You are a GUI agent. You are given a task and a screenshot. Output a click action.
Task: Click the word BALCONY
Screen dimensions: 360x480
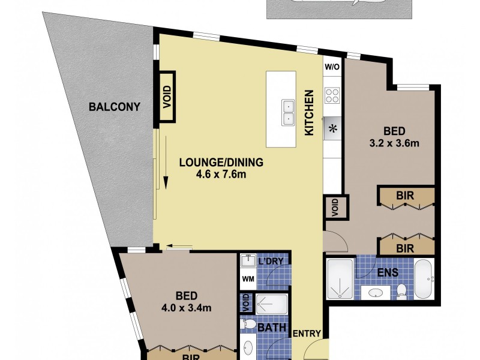click(114, 107)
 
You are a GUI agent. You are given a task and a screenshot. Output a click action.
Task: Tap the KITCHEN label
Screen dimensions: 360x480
click(310, 112)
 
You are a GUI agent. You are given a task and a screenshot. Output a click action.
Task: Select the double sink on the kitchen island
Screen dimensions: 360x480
click(288, 112)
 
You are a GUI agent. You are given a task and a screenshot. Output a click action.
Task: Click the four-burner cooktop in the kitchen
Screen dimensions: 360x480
click(332, 95)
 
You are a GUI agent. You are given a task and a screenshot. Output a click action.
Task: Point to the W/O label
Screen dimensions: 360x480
click(332, 67)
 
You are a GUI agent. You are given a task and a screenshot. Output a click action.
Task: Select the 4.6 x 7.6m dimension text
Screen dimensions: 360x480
click(222, 175)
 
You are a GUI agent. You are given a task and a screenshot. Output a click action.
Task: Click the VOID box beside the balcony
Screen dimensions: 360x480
click(167, 96)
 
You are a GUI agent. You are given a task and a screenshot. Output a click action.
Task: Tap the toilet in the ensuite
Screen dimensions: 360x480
click(401, 290)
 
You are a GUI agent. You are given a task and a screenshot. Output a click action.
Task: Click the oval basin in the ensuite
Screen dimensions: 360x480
click(376, 293)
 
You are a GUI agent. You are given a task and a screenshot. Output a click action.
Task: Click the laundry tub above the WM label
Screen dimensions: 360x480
click(248, 261)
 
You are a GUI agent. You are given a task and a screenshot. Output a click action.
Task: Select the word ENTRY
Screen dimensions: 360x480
click(308, 334)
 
